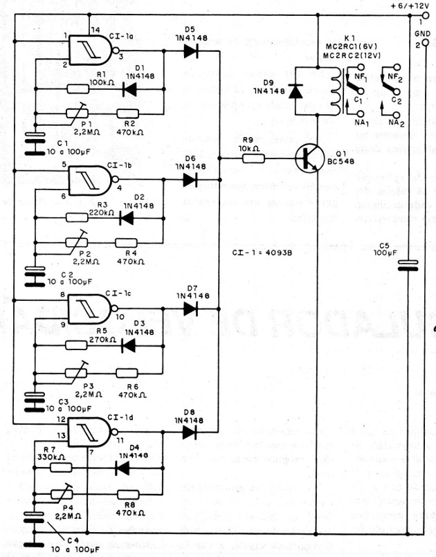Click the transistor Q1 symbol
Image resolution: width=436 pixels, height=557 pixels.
(305, 159)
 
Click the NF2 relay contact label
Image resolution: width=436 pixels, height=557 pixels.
(394, 72)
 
